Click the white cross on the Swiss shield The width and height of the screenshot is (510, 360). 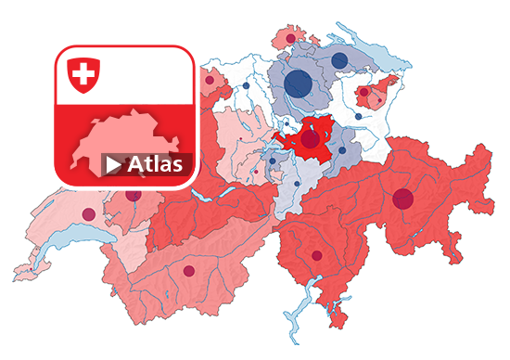click(x=84, y=73)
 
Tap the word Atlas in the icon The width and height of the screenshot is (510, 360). click(x=158, y=165)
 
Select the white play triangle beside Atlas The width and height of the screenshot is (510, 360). click(x=113, y=165)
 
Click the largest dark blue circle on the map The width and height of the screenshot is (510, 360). click(x=298, y=83)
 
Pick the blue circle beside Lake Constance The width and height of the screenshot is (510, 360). click(x=339, y=61)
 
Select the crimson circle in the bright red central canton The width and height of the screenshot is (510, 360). click(x=310, y=139)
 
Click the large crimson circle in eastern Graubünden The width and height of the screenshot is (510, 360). click(x=402, y=198)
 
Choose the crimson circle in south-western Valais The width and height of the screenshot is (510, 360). click(x=189, y=272)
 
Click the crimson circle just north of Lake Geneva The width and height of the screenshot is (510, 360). click(x=89, y=214)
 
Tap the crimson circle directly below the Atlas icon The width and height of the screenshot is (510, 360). click(x=134, y=196)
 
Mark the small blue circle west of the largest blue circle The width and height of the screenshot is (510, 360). click(x=246, y=86)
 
